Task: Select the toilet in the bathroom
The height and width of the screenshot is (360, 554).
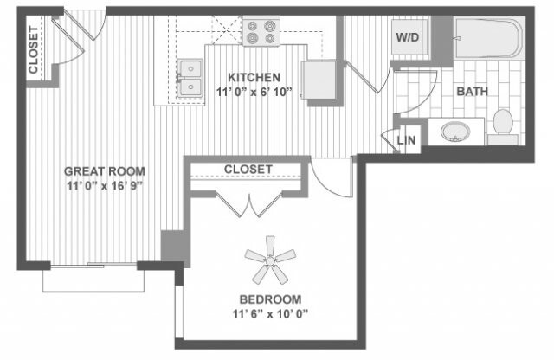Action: pos(502,125)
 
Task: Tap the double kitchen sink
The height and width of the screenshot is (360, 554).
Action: pos(189,77)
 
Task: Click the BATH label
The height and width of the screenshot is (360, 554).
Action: pos(472,90)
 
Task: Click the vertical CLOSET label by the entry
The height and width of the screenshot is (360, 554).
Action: pos(34,50)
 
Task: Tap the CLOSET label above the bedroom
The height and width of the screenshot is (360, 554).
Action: pos(248,168)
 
